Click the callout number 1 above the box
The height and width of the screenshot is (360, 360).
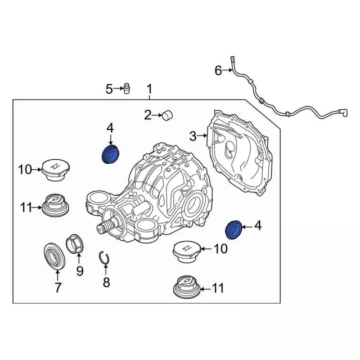150,89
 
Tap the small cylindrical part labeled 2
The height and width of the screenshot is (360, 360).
168,115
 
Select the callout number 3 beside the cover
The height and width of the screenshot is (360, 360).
193,136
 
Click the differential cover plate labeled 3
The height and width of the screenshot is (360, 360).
239,152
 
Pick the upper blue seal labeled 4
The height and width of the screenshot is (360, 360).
111,155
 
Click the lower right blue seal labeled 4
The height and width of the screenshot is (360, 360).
233,229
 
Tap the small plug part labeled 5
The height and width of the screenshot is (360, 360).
127,88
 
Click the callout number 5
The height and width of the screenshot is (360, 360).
109,89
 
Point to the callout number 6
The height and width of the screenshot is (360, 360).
218,70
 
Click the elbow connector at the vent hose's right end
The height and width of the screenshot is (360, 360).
344,113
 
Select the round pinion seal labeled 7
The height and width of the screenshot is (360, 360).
55,256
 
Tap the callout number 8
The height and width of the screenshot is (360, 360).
106,282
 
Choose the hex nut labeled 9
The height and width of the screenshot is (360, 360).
75,244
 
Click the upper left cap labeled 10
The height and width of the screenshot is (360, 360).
56,170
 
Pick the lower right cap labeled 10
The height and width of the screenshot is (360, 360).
187,253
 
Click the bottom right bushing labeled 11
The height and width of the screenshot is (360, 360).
187,287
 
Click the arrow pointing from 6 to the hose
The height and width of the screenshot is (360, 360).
227,70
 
